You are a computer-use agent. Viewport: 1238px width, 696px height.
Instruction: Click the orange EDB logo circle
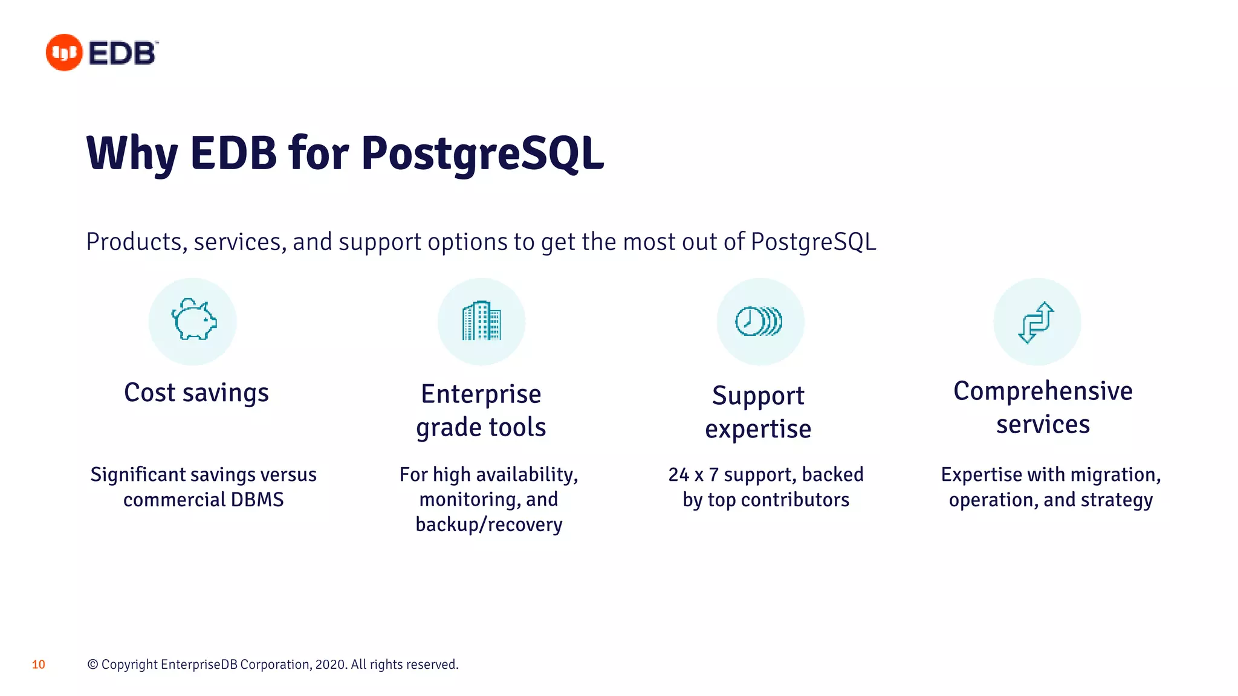click(x=64, y=53)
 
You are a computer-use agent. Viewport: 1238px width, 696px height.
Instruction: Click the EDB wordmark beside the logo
click(x=123, y=53)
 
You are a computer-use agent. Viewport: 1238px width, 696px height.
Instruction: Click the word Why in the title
click(x=132, y=153)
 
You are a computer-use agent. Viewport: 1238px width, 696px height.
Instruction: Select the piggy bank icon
click(x=193, y=320)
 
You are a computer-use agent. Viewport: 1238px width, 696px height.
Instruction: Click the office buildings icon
click(x=481, y=321)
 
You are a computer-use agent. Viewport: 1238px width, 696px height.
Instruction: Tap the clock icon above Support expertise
click(x=759, y=321)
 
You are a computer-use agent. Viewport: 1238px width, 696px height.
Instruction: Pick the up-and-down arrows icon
click(x=1036, y=322)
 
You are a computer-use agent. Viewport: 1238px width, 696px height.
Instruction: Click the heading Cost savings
click(x=196, y=393)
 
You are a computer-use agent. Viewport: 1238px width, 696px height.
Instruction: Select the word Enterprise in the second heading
click(x=481, y=394)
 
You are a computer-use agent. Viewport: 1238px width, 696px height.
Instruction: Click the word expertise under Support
click(x=758, y=430)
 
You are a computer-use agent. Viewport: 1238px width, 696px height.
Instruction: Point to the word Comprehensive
click(x=1043, y=391)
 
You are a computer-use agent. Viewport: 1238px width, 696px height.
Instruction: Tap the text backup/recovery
click(x=488, y=524)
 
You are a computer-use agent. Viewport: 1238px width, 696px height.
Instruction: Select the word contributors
click(x=795, y=500)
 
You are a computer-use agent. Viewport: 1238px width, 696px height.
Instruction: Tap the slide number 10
click(x=39, y=665)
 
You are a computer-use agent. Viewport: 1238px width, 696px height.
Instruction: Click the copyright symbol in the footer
click(x=92, y=665)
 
